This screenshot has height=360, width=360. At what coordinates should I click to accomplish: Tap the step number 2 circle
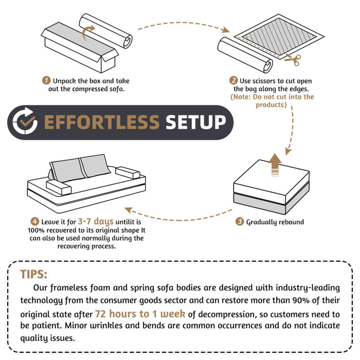coord(233,81)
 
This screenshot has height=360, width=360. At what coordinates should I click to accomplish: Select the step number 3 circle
coord(240,222)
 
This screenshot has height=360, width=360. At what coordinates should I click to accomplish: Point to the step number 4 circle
coord(35,221)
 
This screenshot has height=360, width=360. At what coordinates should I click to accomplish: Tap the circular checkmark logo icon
coord(25,122)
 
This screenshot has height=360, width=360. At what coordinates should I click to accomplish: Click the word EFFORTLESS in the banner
coord(101,122)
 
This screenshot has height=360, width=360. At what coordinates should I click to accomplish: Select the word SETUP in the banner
coord(195,122)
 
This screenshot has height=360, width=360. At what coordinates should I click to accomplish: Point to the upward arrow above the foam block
coord(276,164)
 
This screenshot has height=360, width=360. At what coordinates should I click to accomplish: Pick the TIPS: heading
coord(33,273)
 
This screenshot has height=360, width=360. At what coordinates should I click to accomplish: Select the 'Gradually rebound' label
coord(275,222)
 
